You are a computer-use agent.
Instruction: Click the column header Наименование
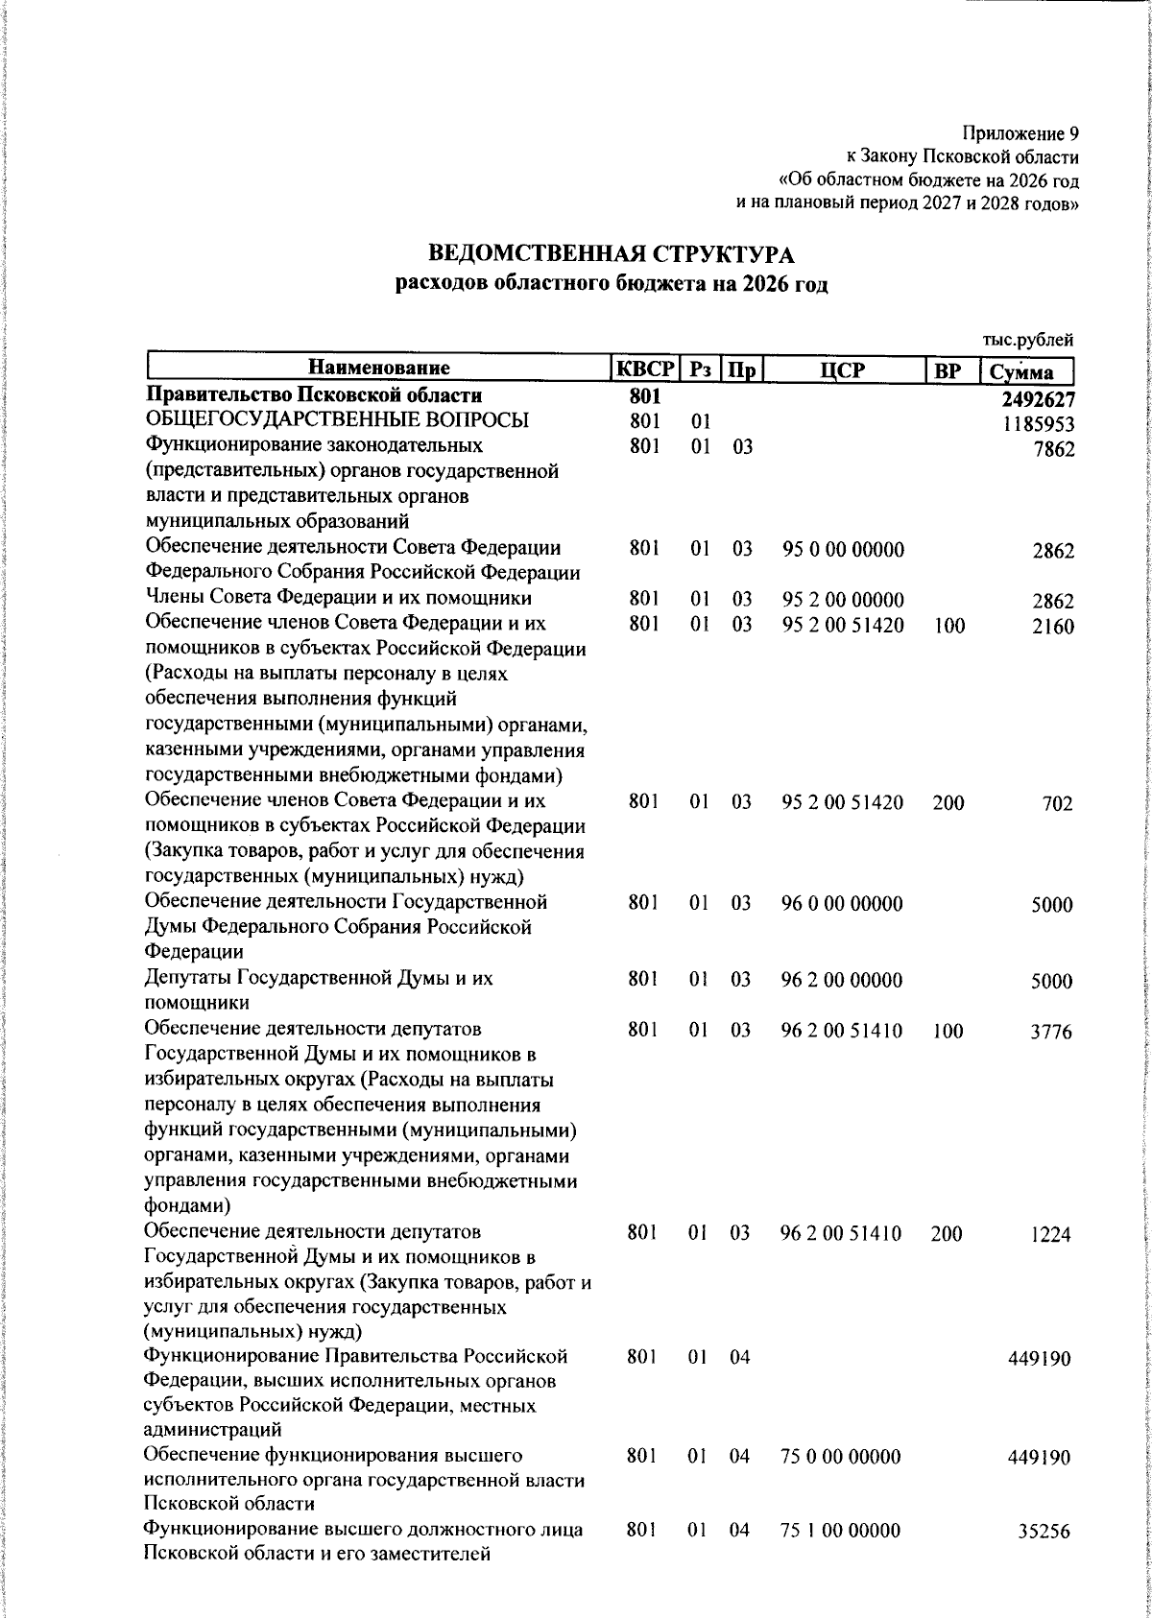(378, 369)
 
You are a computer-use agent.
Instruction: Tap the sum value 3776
(1050, 1033)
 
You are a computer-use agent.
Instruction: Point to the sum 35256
(1045, 1532)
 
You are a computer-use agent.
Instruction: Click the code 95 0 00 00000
(843, 551)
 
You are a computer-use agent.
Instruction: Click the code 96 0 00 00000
(842, 903)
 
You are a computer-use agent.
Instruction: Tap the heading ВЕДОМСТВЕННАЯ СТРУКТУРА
(612, 255)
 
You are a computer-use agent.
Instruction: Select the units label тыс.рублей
(1027, 340)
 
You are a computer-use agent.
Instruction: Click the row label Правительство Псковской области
(313, 395)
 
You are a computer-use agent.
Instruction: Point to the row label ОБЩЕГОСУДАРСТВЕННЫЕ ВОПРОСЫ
(337, 420)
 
